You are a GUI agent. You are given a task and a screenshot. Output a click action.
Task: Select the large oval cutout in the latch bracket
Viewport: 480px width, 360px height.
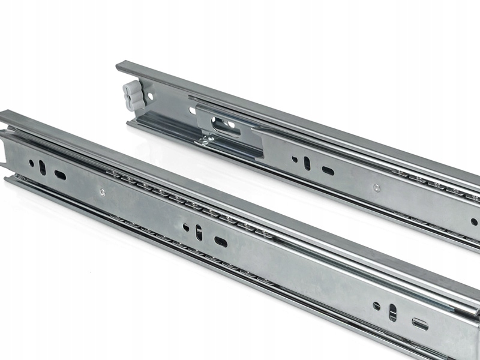coord(226,124)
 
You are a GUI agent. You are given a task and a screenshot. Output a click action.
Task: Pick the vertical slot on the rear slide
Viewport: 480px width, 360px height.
coord(307,163)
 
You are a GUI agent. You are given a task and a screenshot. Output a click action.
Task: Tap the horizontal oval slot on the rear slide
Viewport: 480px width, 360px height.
coord(328,170)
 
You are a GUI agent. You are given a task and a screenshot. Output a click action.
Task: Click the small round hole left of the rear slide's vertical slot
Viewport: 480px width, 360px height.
coord(295,159)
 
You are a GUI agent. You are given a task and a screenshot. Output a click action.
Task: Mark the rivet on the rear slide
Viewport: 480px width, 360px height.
coord(376,188)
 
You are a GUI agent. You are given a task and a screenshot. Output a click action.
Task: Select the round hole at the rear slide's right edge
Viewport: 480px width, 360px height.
coord(473,221)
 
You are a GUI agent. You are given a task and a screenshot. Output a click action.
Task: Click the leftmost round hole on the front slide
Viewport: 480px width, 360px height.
coord(31,163)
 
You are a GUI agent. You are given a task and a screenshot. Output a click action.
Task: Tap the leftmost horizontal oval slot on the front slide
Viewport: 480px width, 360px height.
coord(61,175)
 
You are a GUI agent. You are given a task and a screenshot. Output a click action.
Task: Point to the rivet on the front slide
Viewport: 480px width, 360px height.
coord(102,193)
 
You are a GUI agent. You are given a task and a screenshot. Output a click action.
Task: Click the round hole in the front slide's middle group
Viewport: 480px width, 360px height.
coord(187,227)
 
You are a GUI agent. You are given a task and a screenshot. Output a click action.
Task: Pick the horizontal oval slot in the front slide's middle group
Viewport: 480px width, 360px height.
coord(221,241)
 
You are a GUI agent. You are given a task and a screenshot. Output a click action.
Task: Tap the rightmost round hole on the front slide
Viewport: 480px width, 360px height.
coord(377,305)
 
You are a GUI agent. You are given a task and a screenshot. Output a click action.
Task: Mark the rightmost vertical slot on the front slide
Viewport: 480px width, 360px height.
coord(393,312)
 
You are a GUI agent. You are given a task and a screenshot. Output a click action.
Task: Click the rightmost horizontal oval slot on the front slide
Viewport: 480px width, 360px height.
coord(421,324)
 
